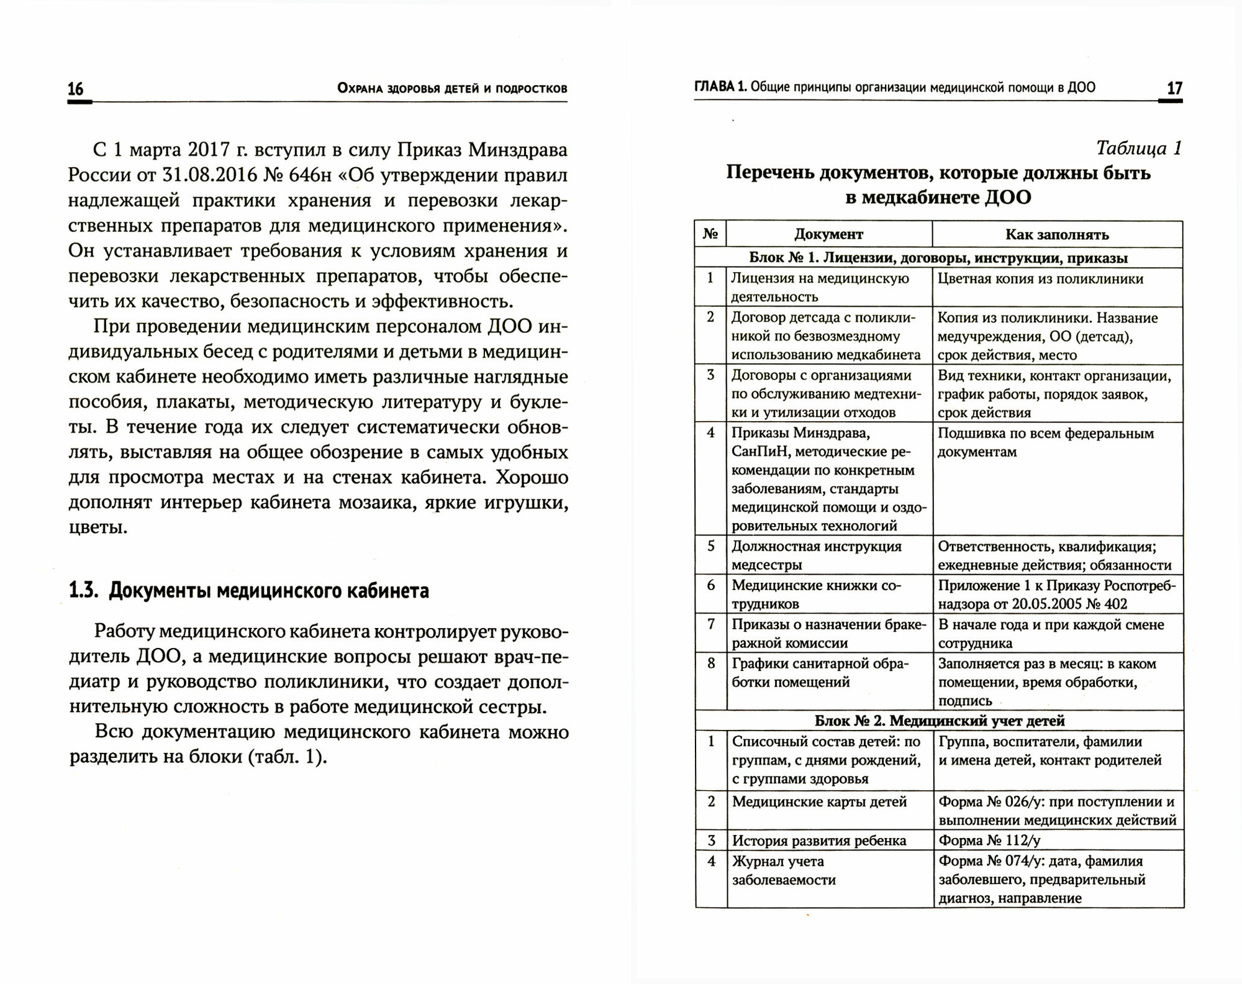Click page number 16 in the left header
(75, 89)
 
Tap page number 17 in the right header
(1174, 89)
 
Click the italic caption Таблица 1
(1139, 148)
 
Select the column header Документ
(828, 235)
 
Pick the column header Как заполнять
(1057, 235)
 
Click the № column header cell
(710, 234)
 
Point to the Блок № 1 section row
(938, 258)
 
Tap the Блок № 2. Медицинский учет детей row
(940, 721)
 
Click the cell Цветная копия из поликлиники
(1040, 279)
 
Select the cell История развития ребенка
(819, 840)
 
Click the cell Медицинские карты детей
(820, 801)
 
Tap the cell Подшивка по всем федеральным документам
(1046, 442)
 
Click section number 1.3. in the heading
(84, 591)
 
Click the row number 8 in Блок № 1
(711, 663)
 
